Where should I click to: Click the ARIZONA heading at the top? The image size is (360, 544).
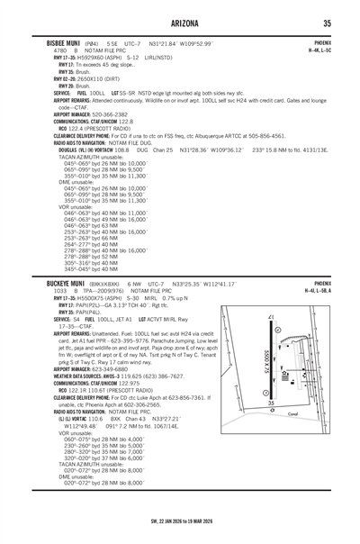click(180, 22)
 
